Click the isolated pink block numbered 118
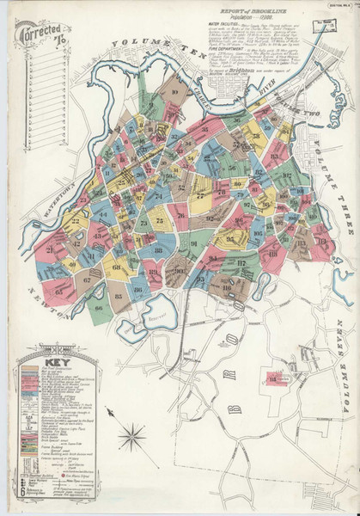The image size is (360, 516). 277,379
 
